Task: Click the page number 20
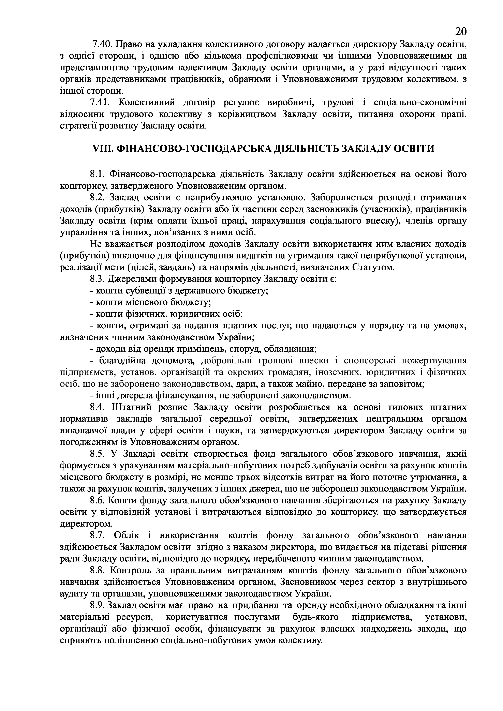(461, 32)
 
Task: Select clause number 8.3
(98, 279)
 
